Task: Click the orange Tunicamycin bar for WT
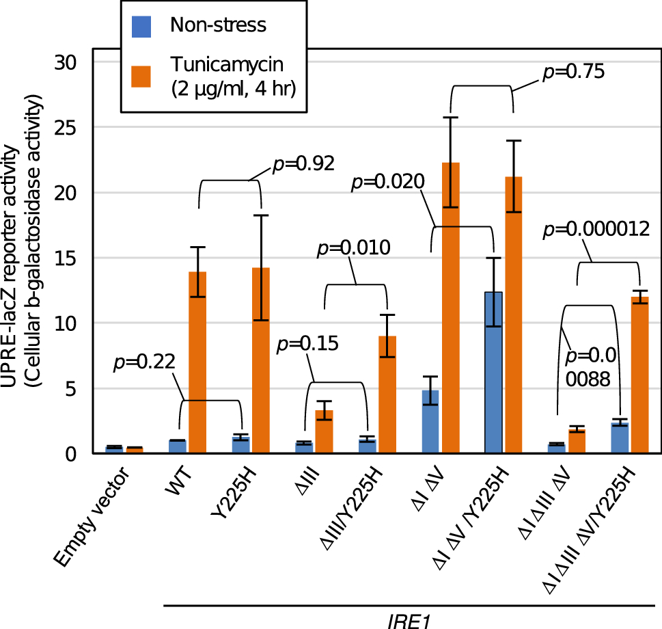point(197,362)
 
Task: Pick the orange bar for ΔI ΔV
point(450,308)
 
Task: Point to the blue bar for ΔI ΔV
point(430,421)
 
